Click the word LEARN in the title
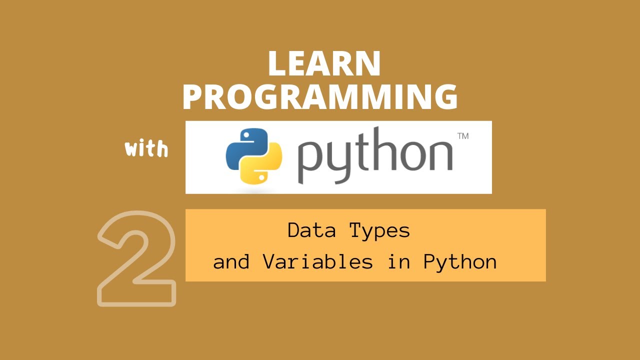[x=324, y=63]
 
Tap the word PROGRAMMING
[x=320, y=97]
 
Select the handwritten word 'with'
[x=146, y=149]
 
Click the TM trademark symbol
[x=462, y=135]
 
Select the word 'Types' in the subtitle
[x=379, y=230]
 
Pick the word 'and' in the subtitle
[x=231, y=262]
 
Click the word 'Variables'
[x=317, y=262]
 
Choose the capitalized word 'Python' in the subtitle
[x=460, y=262]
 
